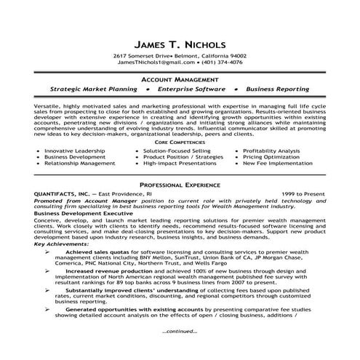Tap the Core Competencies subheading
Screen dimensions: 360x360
(180, 144)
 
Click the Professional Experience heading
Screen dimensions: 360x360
(180, 185)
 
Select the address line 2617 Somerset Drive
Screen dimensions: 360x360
(143, 56)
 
